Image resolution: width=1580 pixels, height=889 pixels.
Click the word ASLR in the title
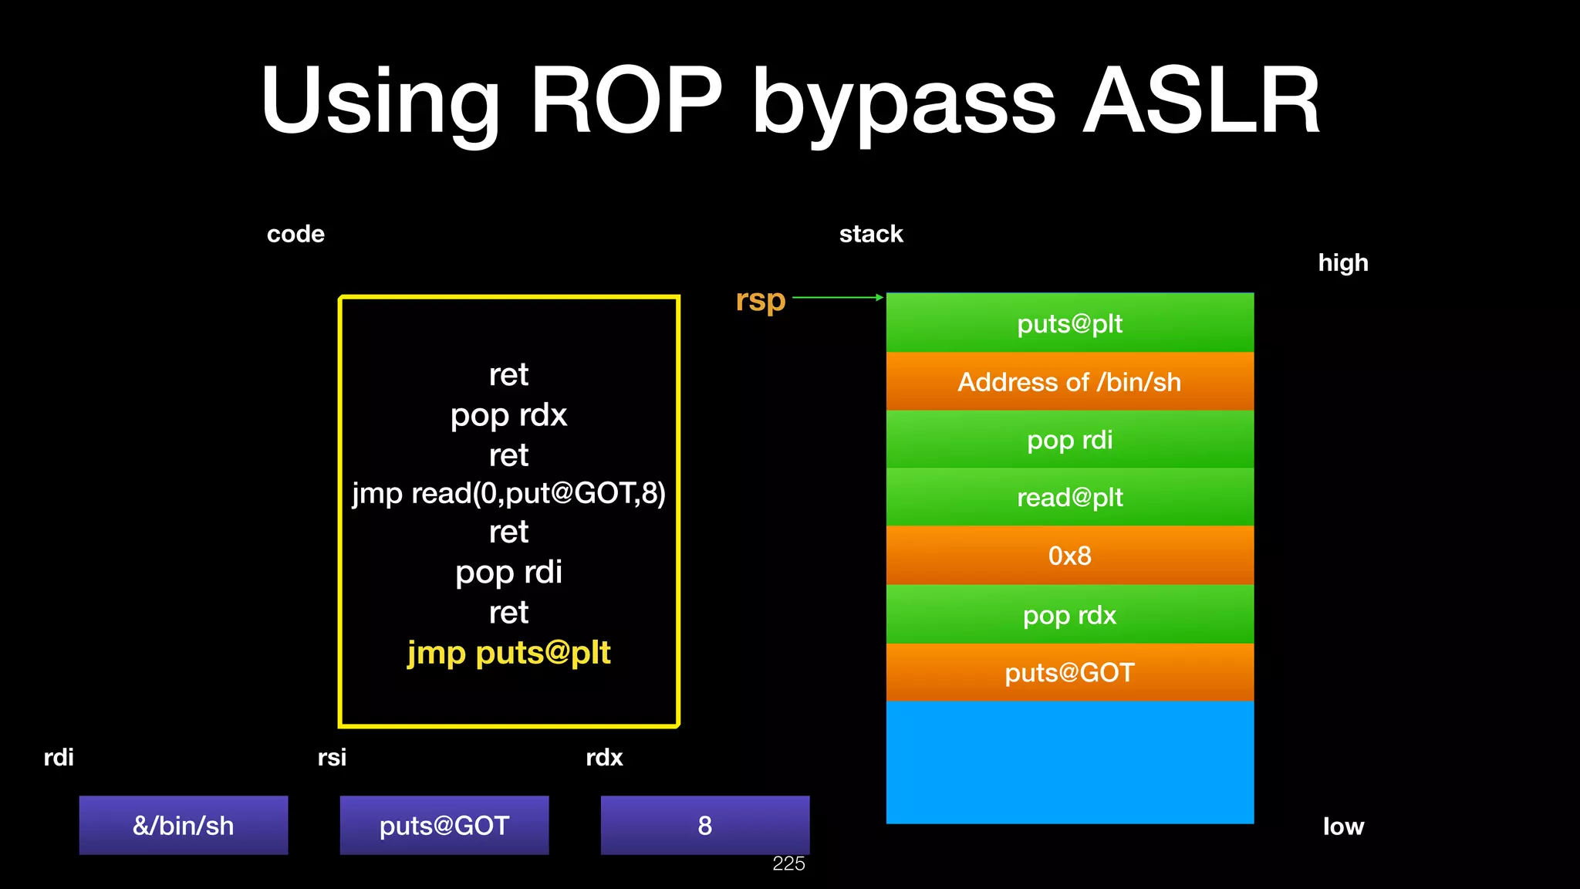click(1201, 101)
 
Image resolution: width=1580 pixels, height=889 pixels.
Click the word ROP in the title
click(626, 101)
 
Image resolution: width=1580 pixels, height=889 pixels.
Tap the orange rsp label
click(760, 300)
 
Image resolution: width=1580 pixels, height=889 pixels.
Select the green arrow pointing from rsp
click(837, 297)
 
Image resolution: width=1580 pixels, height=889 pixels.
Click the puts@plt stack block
click(1069, 323)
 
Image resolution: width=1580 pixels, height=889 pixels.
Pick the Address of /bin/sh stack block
click(1069, 382)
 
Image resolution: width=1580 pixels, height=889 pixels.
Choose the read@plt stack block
click(1069, 498)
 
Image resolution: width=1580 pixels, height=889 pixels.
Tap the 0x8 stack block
click(1069, 556)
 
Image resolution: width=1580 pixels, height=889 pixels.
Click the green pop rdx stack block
click(1069, 615)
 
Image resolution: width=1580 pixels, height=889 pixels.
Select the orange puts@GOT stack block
click(1069, 673)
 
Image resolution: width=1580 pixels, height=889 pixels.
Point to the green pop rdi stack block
click(1069, 440)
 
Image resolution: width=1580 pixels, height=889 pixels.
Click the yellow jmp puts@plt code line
click(508, 653)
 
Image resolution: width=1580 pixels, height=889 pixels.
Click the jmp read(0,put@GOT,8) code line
click(508, 493)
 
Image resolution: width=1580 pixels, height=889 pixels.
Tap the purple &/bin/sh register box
click(184, 825)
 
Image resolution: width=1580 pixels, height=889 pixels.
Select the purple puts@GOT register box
click(444, 825)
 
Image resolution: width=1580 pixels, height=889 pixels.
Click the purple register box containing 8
click(704, 825)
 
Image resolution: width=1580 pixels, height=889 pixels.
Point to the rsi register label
click(332, 757)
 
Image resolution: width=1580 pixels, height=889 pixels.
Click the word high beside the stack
click(1342, 263)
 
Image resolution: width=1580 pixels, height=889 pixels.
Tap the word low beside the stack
click(1343, 826)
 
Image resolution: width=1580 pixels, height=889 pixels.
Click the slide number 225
click(788, 864)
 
